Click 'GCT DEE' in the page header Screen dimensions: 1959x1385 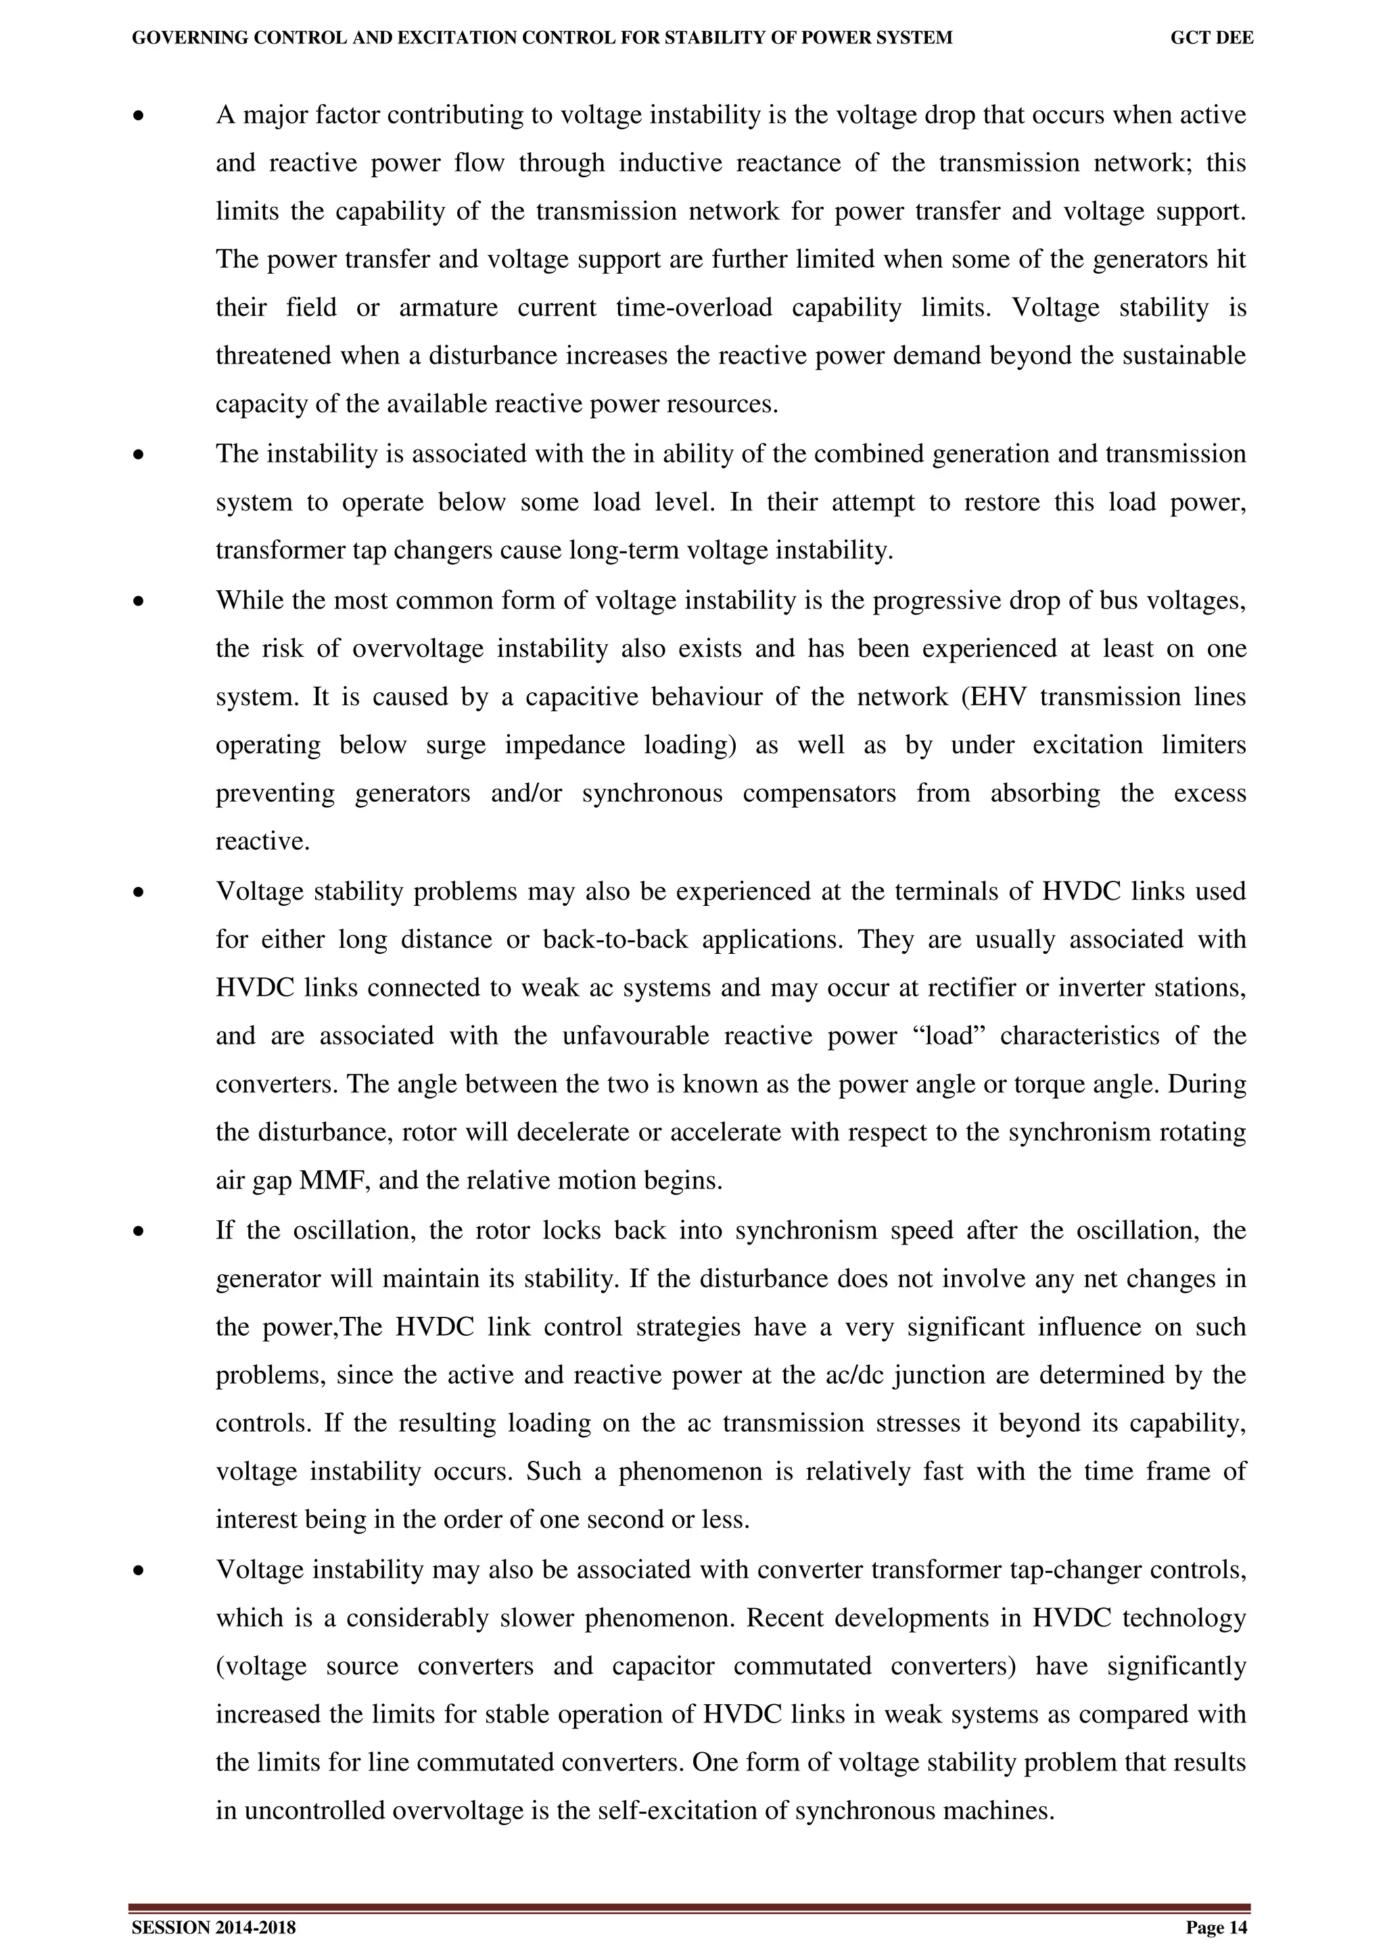tap(1211, 38)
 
